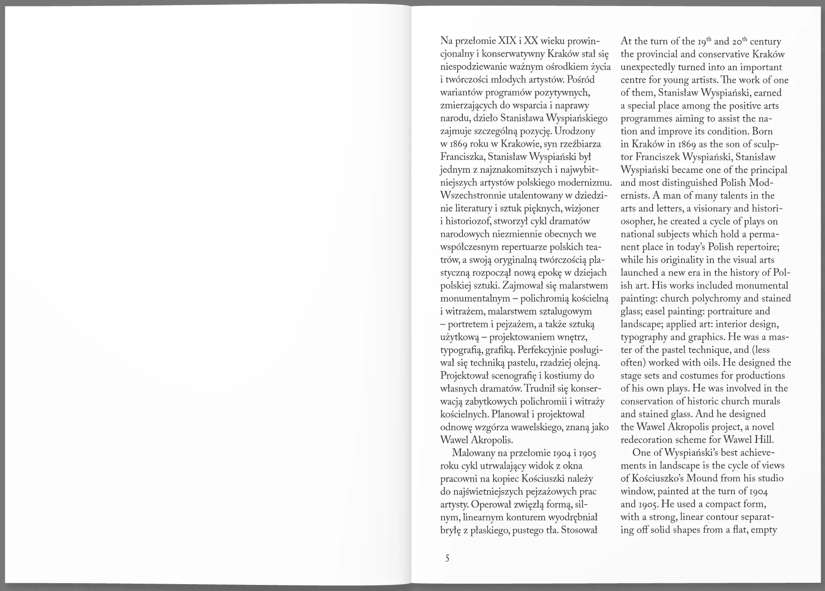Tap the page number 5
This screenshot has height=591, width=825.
447,559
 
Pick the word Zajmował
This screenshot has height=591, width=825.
527,285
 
